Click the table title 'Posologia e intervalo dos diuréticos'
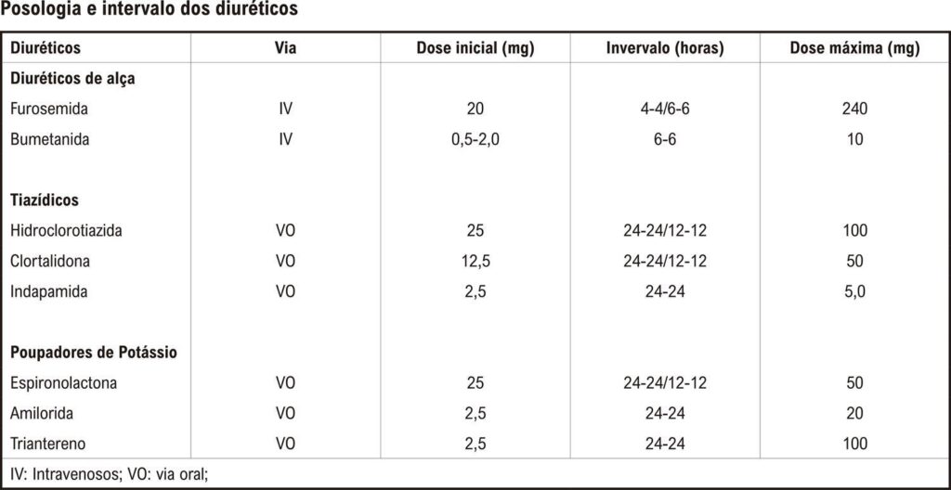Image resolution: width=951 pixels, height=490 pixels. [150, 11]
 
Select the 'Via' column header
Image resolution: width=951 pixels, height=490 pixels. [286, 48]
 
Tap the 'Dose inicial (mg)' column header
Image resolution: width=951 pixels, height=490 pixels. [475, 49]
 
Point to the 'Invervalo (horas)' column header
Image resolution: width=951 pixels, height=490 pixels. [665, 49]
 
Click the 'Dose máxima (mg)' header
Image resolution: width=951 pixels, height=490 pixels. [854, 49]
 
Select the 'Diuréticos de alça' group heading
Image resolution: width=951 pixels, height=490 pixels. [71, 80]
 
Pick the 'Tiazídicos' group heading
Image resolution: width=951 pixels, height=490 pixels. [45, 200]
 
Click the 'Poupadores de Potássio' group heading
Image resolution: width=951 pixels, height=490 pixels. [94, 353]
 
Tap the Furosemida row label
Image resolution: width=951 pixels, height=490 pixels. [48, 110]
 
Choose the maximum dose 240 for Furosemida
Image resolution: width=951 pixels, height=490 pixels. [854, 110]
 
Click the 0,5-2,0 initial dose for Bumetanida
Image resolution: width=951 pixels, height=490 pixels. [475, 139]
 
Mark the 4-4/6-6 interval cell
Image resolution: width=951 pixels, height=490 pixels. [665, 110]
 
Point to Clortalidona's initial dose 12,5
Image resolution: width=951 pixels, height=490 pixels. [475, 262]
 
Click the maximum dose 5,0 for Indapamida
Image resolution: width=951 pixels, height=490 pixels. [854, 291]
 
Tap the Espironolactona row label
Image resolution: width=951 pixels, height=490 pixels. [64, 383]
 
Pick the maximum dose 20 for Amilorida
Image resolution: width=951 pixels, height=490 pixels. [854, 414]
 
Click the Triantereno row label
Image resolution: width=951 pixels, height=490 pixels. [48, 444]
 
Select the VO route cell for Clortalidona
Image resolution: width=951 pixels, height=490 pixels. [286, 262]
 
